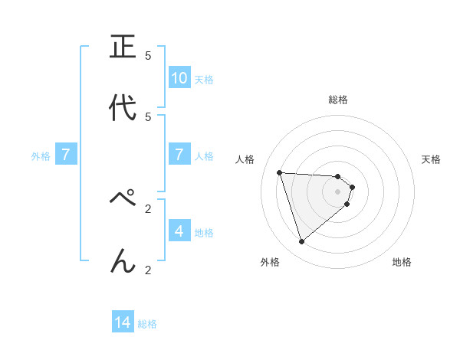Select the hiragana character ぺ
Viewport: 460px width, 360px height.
tap(123, 201)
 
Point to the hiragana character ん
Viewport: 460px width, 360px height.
tap(123, 260)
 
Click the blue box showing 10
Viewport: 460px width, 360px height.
tap(179, 78)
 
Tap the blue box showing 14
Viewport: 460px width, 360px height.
tap(123, 322)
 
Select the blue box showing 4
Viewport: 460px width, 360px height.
tap(179, 231)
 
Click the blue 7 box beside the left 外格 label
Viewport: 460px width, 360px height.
tap(66, 155)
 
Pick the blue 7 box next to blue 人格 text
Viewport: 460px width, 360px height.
tap(179, 155)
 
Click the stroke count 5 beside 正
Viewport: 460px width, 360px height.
tap(148, 56)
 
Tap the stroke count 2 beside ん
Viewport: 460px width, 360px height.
tap(148, 270)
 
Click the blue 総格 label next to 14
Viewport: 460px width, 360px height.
tap(147, 324)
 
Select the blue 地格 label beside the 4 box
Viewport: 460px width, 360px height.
tap(204, 232)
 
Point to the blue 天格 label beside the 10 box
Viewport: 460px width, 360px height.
tap(204, 80)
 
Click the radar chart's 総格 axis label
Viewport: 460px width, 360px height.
tap(338, 100)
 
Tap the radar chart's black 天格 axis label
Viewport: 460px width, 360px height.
tap(431, 159)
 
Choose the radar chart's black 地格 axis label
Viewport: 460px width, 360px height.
tap(402, 262)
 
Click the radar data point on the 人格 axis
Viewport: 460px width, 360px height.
tap(280, 172)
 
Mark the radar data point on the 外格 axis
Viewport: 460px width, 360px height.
tap(301, 242)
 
